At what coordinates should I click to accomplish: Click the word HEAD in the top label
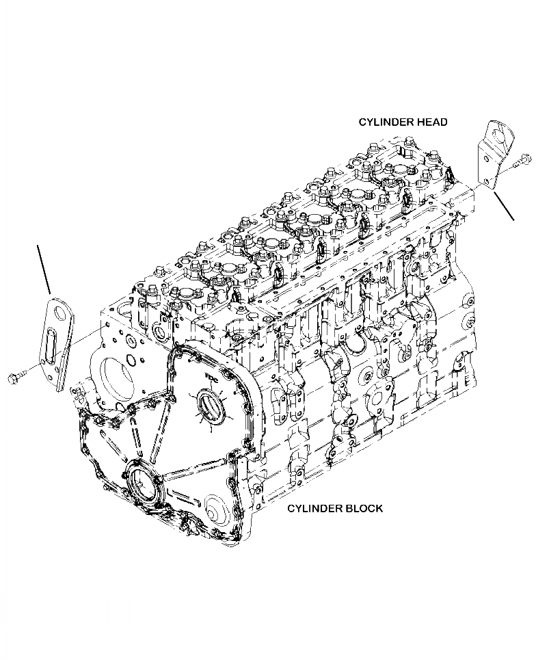pos(431,122)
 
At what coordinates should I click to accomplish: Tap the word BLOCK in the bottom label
pos(362,508)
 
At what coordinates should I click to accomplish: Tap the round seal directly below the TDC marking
pos(207,411)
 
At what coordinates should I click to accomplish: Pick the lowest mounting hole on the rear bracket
pos(485,181)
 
